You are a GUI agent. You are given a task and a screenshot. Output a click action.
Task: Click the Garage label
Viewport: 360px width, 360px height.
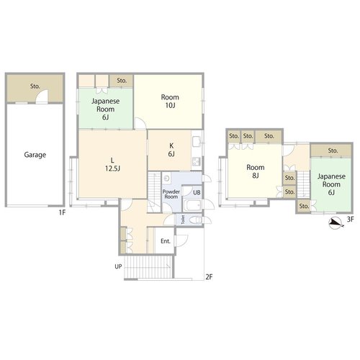35,155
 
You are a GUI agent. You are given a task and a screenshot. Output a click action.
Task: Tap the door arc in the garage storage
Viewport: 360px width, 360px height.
42,96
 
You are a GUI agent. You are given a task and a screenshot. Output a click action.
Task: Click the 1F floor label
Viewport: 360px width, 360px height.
62,212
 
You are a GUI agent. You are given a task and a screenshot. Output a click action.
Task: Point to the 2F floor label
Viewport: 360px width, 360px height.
209,277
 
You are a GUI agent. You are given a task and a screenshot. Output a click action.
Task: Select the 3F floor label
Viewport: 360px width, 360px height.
350,219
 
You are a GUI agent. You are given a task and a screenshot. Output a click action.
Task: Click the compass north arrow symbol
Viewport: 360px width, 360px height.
336,223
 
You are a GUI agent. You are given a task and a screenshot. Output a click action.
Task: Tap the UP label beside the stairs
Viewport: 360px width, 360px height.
118,266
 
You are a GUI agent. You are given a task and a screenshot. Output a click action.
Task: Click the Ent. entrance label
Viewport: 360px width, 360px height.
166,241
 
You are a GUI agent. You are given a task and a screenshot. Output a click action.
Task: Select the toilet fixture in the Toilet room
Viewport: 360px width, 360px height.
195,220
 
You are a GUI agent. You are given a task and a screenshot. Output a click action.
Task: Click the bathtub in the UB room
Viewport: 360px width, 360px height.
192,206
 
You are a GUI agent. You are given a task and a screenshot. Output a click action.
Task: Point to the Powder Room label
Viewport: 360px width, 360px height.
171,194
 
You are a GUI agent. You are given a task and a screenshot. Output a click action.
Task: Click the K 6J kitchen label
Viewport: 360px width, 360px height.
171,150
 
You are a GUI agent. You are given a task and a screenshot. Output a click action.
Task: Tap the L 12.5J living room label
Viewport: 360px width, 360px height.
112,164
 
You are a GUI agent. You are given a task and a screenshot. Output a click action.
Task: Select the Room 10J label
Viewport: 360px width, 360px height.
170,101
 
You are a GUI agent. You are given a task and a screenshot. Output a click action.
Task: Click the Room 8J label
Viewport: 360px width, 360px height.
256,171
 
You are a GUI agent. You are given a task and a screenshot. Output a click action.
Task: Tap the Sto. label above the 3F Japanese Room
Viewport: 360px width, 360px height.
333,150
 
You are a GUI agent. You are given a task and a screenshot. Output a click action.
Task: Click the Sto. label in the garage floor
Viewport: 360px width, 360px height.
35,86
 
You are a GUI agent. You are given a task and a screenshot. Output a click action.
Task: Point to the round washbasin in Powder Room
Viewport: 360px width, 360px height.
166,179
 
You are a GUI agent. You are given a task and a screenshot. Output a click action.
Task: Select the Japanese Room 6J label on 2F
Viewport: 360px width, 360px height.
105,109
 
